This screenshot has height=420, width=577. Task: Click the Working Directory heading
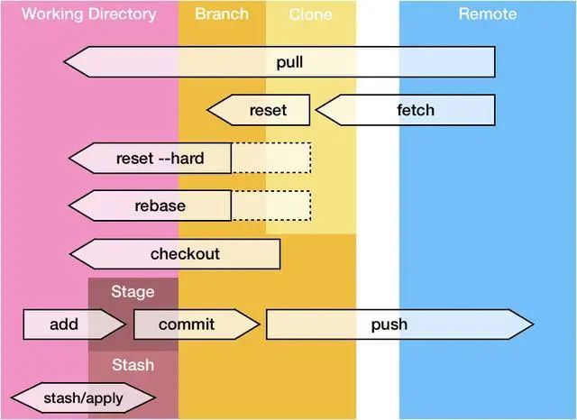88,14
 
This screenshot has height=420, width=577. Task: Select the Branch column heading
222,14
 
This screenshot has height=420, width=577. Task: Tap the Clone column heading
310,14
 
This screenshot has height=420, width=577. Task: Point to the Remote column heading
488,14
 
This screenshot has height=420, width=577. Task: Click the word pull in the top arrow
289,62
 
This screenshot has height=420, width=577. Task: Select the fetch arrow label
416,110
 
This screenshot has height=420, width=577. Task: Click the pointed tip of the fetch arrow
316,110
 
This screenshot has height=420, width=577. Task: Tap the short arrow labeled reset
259,110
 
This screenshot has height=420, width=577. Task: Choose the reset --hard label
160,158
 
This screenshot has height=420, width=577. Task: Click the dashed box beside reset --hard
271,158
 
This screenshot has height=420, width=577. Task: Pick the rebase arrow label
160,205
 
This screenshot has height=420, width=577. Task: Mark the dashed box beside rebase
271,205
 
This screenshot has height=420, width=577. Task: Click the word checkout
185,254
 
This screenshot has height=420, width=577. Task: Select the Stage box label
133,292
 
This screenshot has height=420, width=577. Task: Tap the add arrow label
64,324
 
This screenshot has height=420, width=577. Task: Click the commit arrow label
187,324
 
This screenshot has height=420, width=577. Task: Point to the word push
389,324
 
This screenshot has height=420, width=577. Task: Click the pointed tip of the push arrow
533,324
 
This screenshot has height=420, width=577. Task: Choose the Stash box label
133,365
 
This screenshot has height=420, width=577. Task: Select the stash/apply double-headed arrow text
83,398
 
